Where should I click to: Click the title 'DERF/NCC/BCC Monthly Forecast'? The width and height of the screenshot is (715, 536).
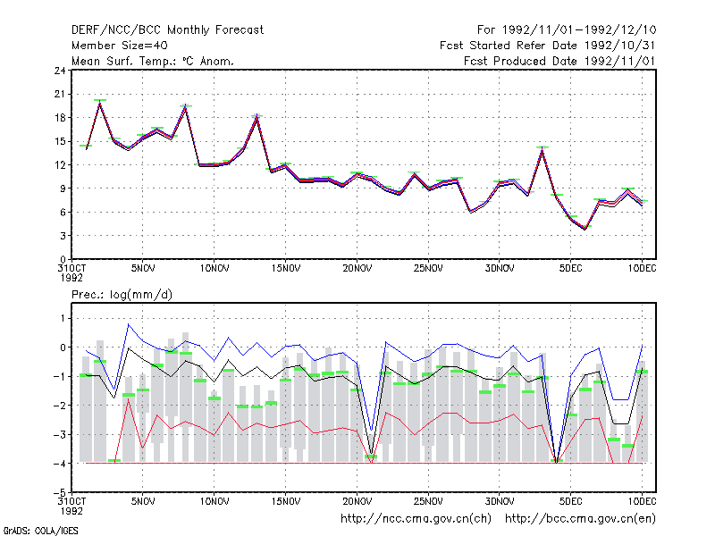[167, 30]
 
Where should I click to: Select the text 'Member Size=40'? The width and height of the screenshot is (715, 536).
[120, 46]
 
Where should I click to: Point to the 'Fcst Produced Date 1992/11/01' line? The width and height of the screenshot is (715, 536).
[559, 61]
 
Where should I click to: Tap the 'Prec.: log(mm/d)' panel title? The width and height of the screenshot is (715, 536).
[122, 295]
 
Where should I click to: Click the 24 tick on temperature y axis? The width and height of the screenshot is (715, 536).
[60, 71]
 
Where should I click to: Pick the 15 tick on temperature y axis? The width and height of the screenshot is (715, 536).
[60, 141]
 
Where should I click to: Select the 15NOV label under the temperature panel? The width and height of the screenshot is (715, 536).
[286, 269]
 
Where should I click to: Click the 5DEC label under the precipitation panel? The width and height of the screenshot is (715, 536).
[571, 501]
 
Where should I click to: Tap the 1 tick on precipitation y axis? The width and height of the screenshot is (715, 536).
[63, 318]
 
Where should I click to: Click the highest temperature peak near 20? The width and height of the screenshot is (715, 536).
[100, 102]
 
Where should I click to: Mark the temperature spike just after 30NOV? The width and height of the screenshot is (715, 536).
[543, 148]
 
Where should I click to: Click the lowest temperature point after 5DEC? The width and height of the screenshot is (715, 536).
[585, 229]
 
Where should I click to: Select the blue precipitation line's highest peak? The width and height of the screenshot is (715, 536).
[129, 324]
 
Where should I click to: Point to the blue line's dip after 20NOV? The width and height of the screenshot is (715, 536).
[372, 430]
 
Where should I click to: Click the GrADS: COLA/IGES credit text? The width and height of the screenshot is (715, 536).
[40, 531]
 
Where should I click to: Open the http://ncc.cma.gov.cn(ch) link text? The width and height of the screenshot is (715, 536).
[416, 519]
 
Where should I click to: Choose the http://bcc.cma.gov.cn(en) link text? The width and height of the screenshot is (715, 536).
[580, 519]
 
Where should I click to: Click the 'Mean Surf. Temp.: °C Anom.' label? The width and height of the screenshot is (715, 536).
[153, 61]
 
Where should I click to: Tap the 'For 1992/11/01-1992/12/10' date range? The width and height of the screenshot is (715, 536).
[567, 30]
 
